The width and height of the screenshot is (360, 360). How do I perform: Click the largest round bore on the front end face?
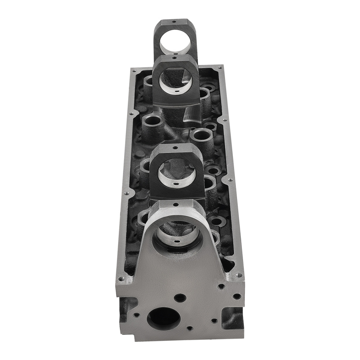click(164, 318)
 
